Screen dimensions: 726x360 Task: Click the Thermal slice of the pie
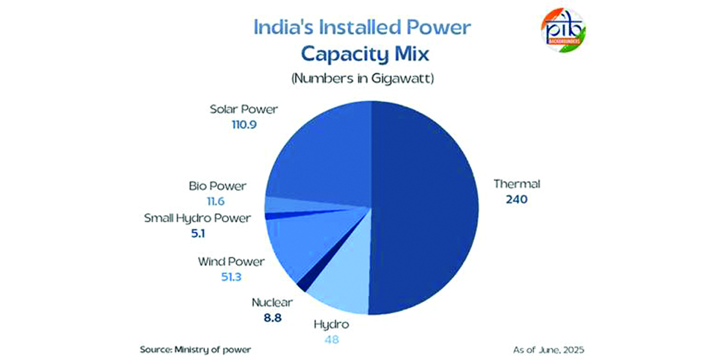[425, 208]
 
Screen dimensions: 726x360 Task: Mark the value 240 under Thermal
[517, 199]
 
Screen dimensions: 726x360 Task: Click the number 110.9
[244, 125]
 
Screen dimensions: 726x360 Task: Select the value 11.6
[216, 201]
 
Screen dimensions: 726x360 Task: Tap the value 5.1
[198, 234]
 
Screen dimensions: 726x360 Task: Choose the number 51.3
[231, 277]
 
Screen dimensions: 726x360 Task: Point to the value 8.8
[272, 318]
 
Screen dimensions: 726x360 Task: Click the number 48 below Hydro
[332, 339]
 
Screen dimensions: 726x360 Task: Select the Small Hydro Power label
[197, 218]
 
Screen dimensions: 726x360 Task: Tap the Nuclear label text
[272, 303]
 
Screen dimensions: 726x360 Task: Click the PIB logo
[564, 30]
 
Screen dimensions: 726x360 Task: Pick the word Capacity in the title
[345, 54]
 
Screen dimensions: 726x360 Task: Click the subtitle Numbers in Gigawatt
[363, 79]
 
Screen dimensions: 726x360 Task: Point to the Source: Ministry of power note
[196, 350]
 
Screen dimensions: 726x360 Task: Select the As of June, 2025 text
[549, 350]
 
